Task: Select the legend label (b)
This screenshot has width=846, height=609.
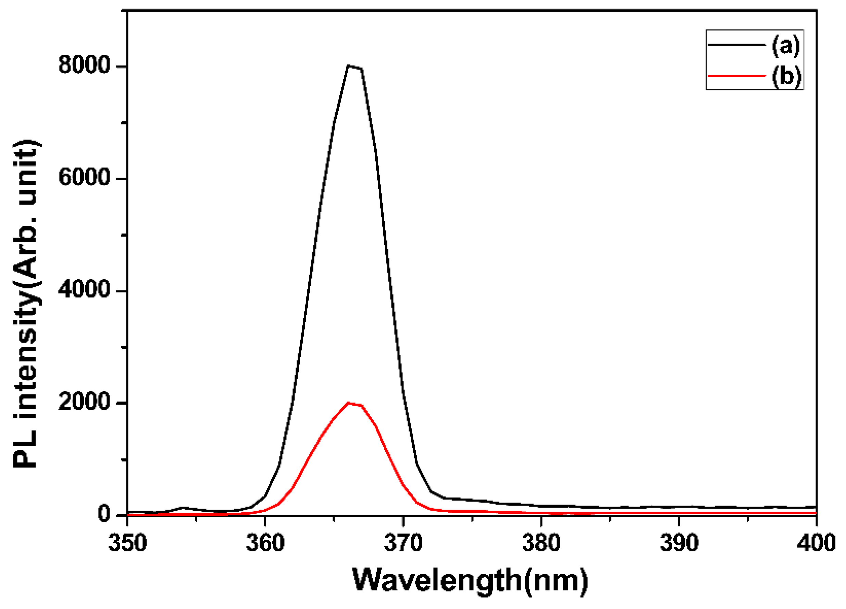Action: pyautogui.click(x=786, y=76)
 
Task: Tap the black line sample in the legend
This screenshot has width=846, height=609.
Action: pyautogui.click(x=736, y=45)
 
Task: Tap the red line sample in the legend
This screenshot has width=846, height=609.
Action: pyautogui.click(x=736, y=75)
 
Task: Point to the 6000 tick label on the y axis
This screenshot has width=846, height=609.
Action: pyautogui.click(x=84, y=178)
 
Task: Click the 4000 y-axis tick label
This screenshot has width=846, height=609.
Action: pyautogui.click(x=84, y=290)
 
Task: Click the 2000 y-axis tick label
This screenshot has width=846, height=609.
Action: pyautogui.click(x=84, y=403)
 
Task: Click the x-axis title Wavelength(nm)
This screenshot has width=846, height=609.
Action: pyautogui.click(x=470, y=580)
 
